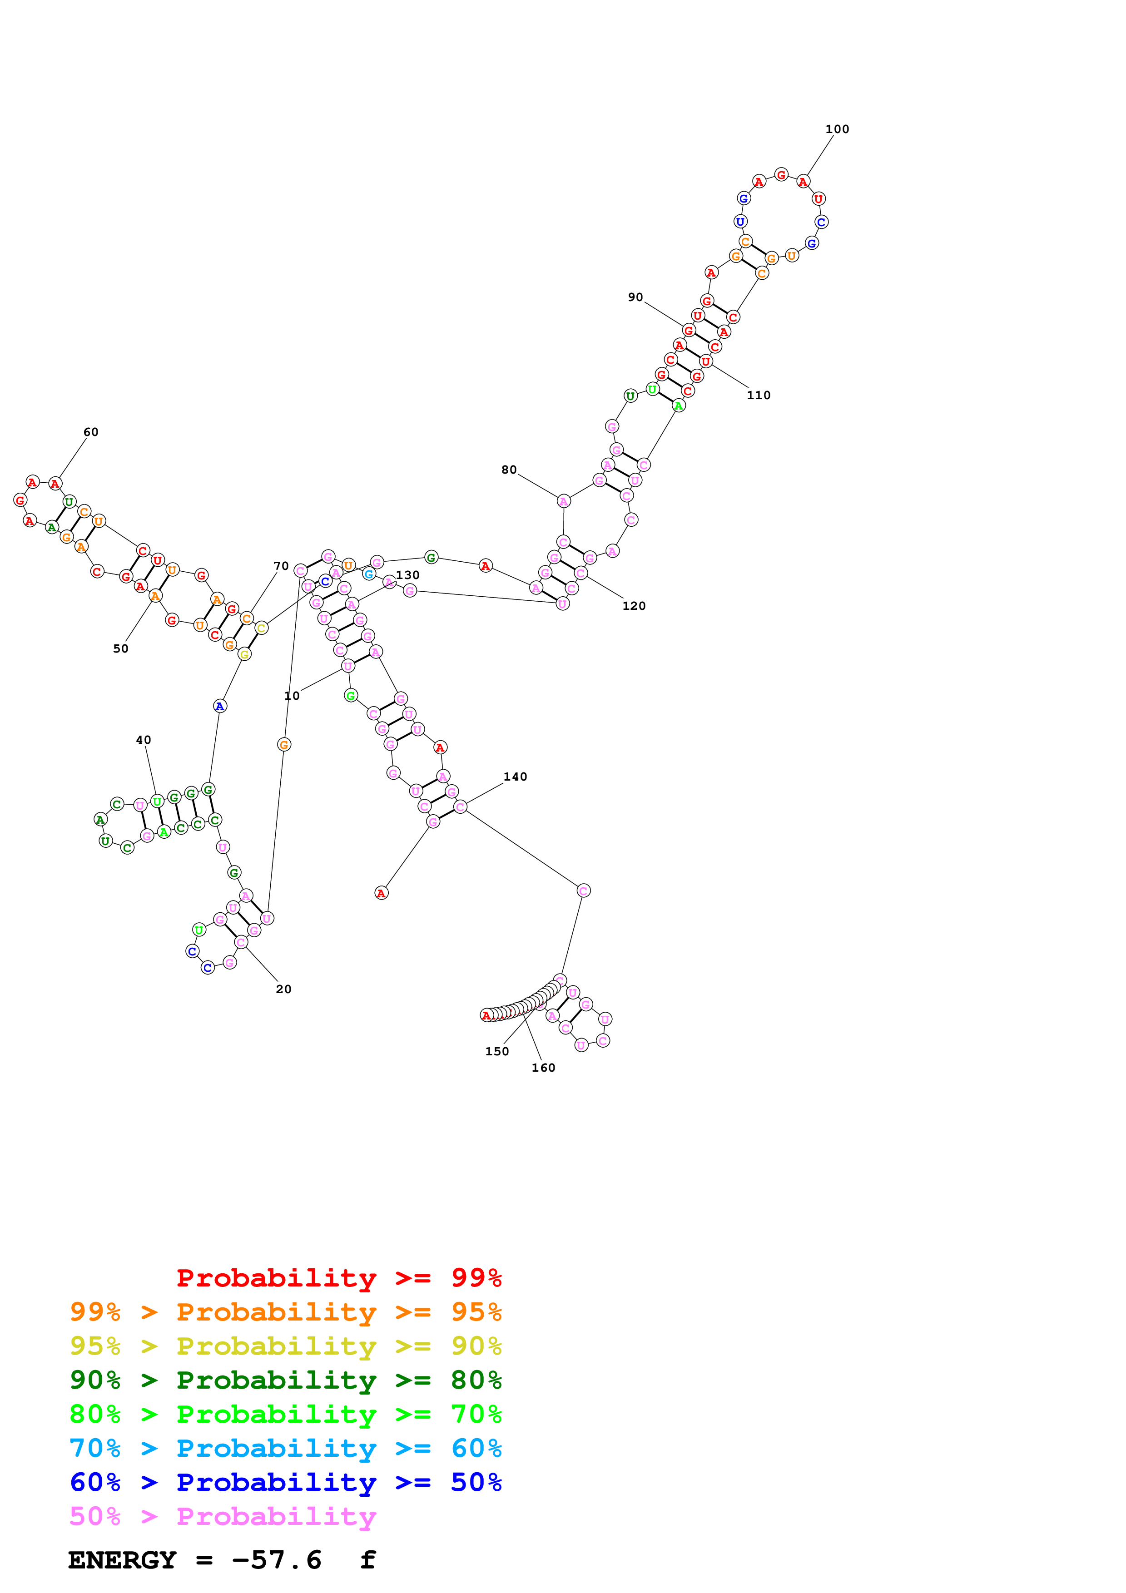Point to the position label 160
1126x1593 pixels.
(543, 1067)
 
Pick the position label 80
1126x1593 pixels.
(509, 470)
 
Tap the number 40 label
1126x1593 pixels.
(144, 740)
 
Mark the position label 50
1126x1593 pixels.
(121, 649)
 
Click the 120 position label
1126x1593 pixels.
(634, 606)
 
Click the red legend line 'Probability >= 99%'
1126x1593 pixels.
(338, 1277)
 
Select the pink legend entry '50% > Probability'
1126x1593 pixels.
(223, 1516)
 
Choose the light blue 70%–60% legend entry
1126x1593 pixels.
(285, 1448)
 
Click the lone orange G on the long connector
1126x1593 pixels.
(284, 744)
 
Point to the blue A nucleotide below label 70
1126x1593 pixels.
(220, 706)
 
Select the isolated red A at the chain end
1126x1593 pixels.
(381, 893)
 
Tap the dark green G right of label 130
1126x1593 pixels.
(431, 557)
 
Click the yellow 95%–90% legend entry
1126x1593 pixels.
(285, 1346)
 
